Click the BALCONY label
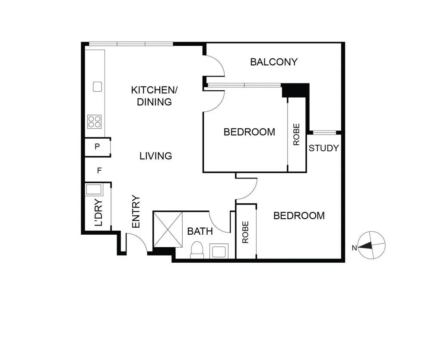(x=274, y=62)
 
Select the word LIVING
(x=155, y=156)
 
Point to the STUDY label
(x=324, y=148)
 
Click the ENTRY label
(x=136, y=212)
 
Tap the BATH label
(x=200, y=231)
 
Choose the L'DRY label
(x=99, y=213)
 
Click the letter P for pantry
(x=97, y=147)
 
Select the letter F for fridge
(x=99, y=170)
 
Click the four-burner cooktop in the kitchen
(x=95, y=122)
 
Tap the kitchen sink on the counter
(x=97, y=87)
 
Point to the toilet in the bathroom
(x=197, y=250)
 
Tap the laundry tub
(x=93, y=190)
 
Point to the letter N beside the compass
(x=354, y=248)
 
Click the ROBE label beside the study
(x=296, y=134)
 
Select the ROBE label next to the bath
(x=245, y=232)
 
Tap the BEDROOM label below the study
(x=299, y=216)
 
